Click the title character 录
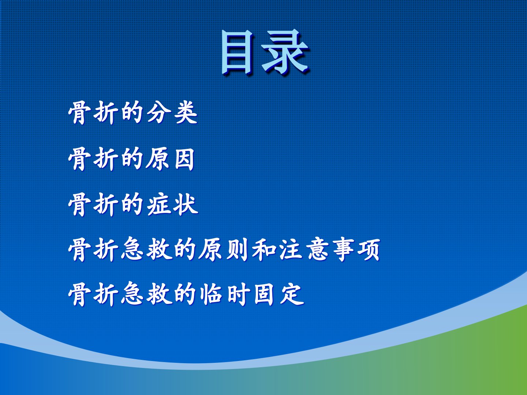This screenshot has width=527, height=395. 285,52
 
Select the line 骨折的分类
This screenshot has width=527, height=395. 133,113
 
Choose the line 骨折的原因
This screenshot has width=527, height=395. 132,159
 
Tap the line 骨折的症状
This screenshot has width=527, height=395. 133,204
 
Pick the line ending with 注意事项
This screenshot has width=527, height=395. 224,249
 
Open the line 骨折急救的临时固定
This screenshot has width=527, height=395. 186,294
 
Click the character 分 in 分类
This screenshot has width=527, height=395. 158,113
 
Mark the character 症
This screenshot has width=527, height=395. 158,204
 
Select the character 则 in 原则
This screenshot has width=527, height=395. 237,250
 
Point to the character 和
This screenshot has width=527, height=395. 263,250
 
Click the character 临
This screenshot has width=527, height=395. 211,294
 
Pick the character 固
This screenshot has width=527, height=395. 264,294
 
